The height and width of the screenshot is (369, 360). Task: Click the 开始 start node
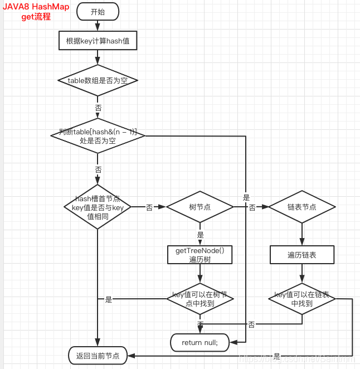98,11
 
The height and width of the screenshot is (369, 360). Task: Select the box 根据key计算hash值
98,40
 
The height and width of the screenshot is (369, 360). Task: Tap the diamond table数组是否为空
98,80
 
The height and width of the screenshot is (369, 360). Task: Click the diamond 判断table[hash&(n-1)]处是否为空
98,135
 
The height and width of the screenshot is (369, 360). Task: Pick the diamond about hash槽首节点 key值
98,207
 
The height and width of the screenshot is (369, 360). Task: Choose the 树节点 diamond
200,207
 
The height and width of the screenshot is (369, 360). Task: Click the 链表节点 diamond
302,207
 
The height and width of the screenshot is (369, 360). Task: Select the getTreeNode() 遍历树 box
200,255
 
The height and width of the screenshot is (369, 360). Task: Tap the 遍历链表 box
302,255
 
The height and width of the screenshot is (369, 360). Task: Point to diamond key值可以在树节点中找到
200,299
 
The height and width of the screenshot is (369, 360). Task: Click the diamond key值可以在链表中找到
302,299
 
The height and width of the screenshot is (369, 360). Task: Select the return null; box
200,342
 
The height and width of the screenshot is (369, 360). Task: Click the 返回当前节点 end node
98,355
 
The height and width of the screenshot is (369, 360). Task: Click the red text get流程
36,17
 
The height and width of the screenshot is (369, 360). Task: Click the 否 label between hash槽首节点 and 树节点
149,207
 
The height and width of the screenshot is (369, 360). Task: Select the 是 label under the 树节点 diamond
201,235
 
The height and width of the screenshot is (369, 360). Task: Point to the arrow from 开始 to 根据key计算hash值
98,25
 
